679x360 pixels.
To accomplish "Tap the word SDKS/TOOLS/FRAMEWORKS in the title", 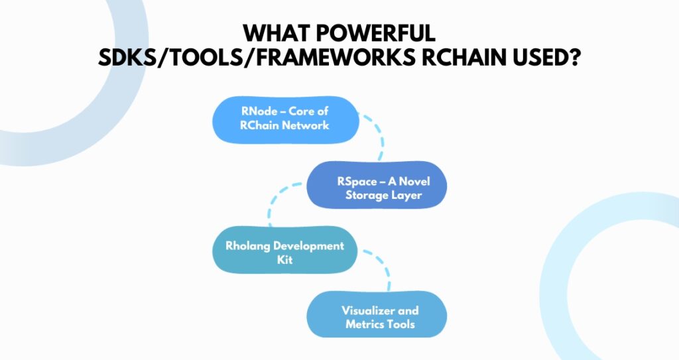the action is (257, 57).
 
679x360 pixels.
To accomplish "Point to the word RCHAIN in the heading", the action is (463, 57).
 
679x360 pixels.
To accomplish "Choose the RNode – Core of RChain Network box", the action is (285, 119).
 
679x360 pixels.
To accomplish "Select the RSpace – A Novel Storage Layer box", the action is (377, 185).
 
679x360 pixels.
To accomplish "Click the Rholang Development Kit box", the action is (285, 250).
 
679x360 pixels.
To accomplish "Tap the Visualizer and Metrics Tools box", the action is (377, 314).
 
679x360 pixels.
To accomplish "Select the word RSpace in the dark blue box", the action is (357, 182).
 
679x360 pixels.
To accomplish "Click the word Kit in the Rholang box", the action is (285, 260).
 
